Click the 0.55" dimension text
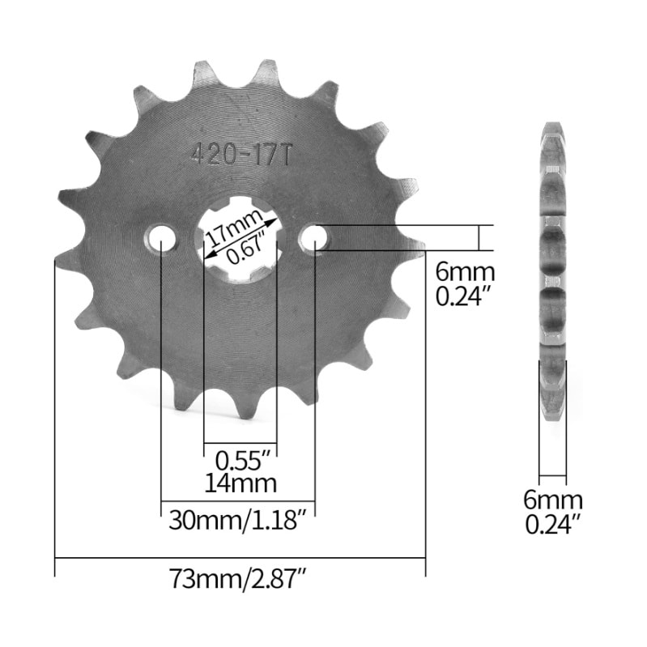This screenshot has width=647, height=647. [240, 461]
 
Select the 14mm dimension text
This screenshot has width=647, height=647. [240, 483]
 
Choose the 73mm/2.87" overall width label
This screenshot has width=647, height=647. [240, 580]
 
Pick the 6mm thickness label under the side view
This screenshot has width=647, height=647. [553, 500]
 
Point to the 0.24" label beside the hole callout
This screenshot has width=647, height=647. [464, 297]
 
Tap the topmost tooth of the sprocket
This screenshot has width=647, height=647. [263, 69]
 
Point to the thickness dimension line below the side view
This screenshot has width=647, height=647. [553, 475]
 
